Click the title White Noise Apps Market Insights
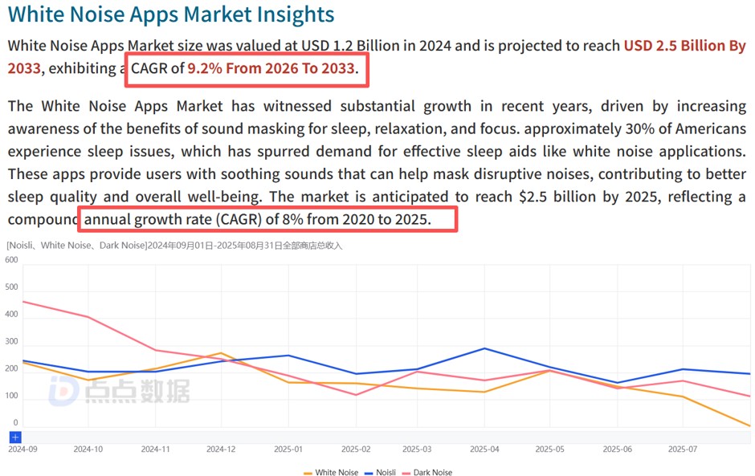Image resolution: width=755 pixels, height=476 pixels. (x=170, y=14)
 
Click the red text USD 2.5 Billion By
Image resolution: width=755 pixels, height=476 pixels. (x=684, y=46)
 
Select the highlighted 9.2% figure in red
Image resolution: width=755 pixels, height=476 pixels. (x=206, y=68)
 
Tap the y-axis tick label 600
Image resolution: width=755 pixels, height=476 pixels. (x=11, y=259)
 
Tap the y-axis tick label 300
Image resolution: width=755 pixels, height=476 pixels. (x=11, y=341)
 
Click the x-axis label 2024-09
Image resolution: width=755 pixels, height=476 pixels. (x=22, y=450)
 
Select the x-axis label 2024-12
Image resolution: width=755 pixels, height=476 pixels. (x=221, y=450)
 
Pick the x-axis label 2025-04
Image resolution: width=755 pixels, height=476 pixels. (x=484, y=450)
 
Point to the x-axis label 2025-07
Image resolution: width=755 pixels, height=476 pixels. (x=683, y=450)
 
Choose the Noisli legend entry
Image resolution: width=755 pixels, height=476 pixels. (x=381, y=473)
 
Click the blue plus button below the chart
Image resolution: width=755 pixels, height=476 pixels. (x=15, y=437)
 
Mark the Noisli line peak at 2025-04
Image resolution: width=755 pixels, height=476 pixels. (x=484, y=348)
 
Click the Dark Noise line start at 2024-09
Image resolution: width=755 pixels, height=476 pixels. (x=23, y=302)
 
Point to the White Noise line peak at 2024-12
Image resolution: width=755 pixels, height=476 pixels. (x=221, y=353)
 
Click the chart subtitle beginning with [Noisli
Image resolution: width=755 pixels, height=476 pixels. (x=174, y=246)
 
